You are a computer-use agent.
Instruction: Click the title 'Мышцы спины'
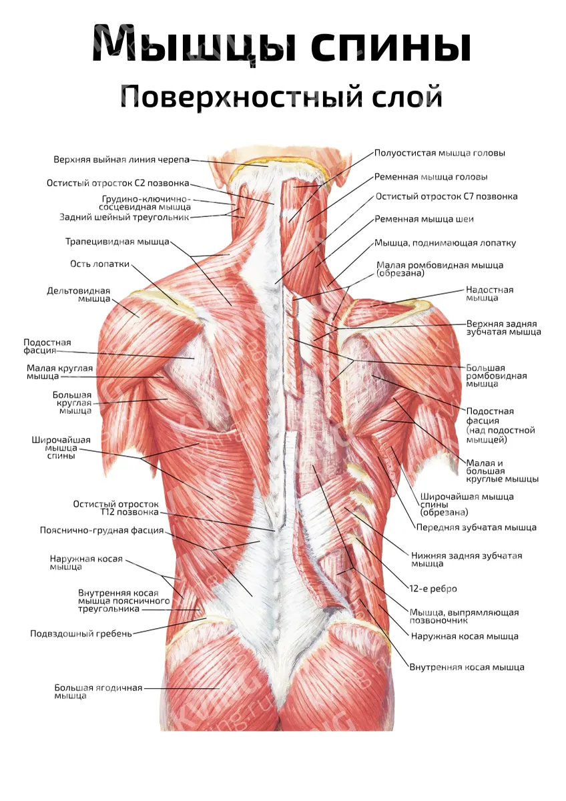[282, 44]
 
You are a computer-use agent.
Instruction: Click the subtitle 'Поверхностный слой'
[281, 97]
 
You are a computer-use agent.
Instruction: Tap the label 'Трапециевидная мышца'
[117, 242]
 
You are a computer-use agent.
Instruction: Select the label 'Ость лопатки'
[99, 264]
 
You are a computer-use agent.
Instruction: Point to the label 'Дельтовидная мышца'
[79, 294]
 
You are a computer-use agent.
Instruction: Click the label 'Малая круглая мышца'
[59, 372]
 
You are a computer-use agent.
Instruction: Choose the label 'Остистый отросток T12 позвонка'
[116, 508]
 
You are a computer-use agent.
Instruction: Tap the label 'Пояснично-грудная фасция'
[102, 530]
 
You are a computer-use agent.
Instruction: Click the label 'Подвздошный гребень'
[81, 634]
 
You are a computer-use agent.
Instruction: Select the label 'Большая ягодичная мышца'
[98, 692]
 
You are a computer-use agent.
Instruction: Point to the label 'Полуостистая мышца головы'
[440, 154]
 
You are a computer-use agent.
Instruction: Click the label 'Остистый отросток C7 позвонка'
[447, 197]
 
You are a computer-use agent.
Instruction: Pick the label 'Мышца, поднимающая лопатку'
[445, 243]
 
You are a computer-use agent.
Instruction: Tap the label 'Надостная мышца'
[489, 294]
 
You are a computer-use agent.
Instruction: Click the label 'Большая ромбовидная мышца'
[497, 376]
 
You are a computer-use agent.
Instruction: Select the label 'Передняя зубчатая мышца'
[477, 527]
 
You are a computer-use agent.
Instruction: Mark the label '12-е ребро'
[433, 589]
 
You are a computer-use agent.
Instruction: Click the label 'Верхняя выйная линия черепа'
[121, 160]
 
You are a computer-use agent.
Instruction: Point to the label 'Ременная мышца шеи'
[424, 219]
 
